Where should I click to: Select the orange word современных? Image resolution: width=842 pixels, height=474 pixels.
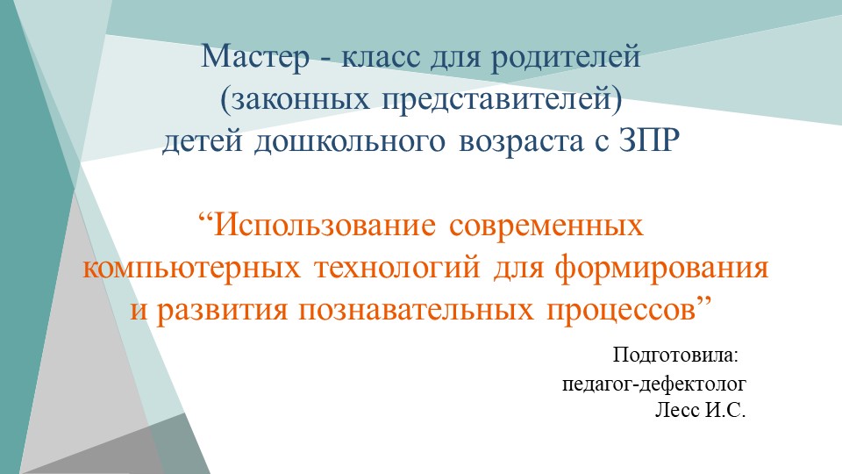[x=546, y=226]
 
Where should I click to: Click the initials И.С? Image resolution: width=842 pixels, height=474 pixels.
[x=724, y=409]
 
